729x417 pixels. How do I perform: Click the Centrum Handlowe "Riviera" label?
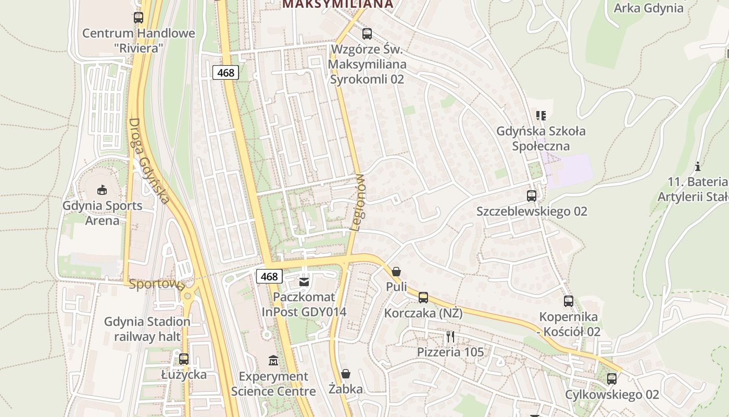click(139, 40)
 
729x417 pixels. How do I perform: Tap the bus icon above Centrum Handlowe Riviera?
click(139, 18)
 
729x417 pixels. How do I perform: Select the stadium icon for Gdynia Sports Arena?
click(102, 190)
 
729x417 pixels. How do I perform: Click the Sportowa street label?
click(157, 284)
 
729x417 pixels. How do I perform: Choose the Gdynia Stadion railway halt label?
click(147, 329)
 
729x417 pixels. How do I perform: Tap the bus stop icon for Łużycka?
click(184, 359)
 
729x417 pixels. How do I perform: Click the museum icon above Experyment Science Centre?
click(273, 360)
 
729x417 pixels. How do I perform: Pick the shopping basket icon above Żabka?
click(345, 374)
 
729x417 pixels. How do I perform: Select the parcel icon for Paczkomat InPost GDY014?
click(304, 282)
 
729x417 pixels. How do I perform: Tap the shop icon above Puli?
click(396, 272)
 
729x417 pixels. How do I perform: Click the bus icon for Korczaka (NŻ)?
click(423, 298)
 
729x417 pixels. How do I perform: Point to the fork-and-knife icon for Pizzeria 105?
click(450, 337)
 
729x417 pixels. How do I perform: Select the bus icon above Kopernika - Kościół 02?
click(569, 301)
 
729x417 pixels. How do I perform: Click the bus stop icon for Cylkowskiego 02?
click(612, 379)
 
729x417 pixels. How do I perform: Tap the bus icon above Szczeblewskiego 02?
click(532, 196)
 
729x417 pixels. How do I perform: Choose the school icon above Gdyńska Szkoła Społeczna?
click(541, 115)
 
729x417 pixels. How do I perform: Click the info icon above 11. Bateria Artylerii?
click(697, 167)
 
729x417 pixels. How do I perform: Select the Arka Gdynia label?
click(648, 8)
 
